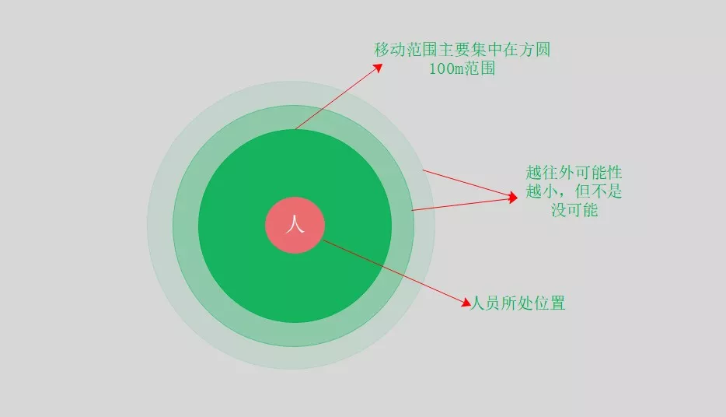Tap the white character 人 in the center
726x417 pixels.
[x=295, y=226]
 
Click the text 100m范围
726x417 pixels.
[x=462, y=68]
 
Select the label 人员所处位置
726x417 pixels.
[x=518, y=303]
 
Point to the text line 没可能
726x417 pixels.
[x=574, y=209]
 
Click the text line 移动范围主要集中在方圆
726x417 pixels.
[x=462, y=50]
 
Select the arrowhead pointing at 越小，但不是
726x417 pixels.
[x=512, y=197]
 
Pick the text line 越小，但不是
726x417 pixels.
[x=574, y=191]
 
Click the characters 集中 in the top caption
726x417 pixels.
[x=462, y=50]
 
